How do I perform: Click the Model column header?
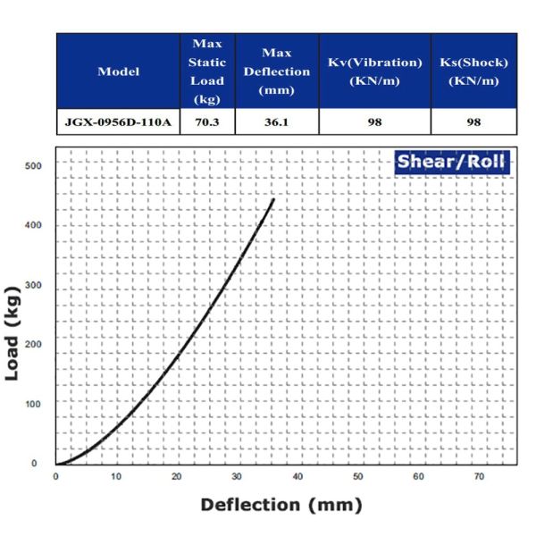click(119, 71)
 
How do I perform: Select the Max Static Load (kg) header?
click(207, 71)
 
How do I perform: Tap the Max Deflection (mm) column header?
click(276, 71)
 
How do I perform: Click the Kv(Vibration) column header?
click(374, 71)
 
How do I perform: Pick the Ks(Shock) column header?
click(473, 71)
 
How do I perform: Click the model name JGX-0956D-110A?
click(119, 122)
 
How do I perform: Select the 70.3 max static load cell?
click(207, 122)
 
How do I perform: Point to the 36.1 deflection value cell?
click(276, 122)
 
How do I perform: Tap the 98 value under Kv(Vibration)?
click(374, 122)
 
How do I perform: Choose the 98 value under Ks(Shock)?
click(473, 122)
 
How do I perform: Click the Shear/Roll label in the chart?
click(452, 162)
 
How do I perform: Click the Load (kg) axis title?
click(15, 332)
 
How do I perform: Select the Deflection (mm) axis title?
click(281, 505)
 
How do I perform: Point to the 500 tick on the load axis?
click(33, 166)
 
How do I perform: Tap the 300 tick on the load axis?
click(33, 285)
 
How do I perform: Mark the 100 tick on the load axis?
click(33, 404)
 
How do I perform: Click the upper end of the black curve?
click(273, 199)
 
